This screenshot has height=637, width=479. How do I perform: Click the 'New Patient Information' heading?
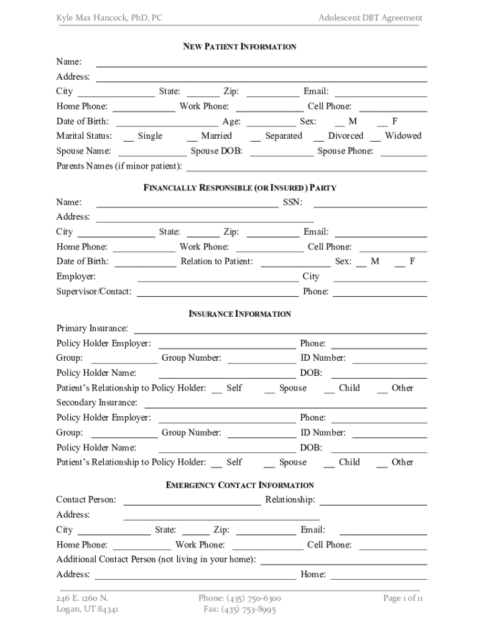tap(239, 47)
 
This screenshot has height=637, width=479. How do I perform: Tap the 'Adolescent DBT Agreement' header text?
tap(370, 18)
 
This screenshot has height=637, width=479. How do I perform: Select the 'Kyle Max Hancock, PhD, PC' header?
tap(109, 18)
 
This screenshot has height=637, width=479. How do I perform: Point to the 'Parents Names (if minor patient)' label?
tap(119, 166)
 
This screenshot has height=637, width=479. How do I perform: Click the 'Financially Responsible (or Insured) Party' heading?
tap(240, 187)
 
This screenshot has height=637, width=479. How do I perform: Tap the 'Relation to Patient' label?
tap(216, 262)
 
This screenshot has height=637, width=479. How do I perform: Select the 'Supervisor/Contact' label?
tap(94, 292)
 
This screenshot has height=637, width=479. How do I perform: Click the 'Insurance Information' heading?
tap(240, 314)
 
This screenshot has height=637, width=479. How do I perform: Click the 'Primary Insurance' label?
tap(93, 328)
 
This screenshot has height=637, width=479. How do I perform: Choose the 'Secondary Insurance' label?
tap(97, 403)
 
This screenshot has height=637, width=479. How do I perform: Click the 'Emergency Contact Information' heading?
tap(240, 485)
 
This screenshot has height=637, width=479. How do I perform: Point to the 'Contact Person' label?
tap(86, 500)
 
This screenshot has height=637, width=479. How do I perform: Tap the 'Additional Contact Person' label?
tap(156, 560)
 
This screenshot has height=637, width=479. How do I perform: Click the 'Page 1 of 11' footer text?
tap(403, 598)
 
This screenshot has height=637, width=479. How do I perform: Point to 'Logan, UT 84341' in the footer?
tap(88, 610)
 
